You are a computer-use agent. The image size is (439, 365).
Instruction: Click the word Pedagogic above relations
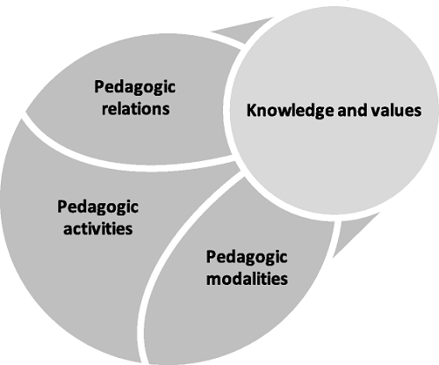[x=134, y=88]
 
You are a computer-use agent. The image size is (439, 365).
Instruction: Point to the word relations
[x=135, y=108]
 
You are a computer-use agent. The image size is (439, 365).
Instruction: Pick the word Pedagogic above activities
[x=97, y=208]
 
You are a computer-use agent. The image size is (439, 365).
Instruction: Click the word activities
[x=98, y=229]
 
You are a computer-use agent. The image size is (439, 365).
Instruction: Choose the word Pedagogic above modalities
[x=247, y=258]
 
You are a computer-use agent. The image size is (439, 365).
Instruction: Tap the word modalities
[x=247, y=278]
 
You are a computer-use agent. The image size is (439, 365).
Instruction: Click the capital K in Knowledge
[x=252, y=111]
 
